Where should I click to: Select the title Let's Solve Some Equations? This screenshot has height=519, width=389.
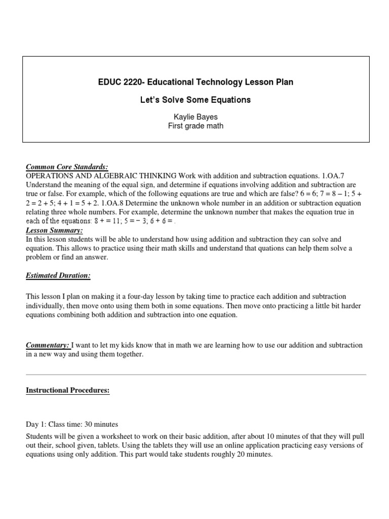click(195, 100)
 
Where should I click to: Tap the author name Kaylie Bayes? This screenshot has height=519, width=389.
click(195, 118)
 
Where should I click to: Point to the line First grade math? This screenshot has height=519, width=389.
click(195, 126)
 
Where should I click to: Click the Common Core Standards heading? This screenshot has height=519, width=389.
click(67, 167)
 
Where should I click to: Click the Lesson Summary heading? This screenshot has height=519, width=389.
click(54, 231)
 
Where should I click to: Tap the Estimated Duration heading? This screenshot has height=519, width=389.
click(58, 276)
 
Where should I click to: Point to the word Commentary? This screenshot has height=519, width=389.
click(48, 345)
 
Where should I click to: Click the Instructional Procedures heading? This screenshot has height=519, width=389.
click(68, 391)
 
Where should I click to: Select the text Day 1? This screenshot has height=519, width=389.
click(35, 424)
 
